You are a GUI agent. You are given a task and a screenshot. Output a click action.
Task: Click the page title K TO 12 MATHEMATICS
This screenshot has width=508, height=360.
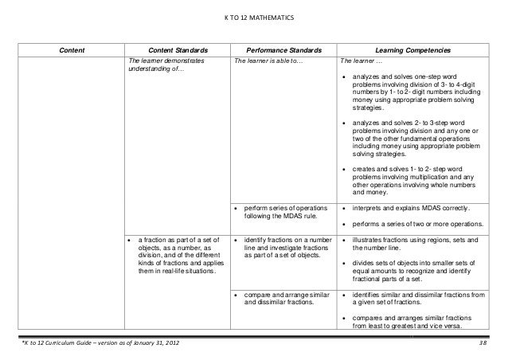[x=254, y=18]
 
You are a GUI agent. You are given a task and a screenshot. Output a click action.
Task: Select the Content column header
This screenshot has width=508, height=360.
[x=73, y=50]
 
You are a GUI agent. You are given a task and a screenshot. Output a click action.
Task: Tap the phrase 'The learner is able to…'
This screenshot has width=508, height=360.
[x=269, y=60]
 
